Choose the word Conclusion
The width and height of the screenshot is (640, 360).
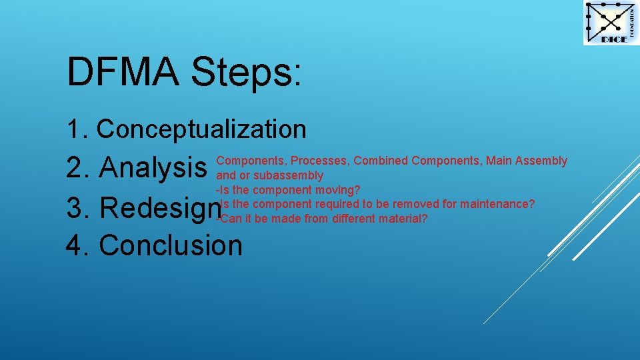(x=171, y=245)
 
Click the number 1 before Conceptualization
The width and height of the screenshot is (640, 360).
(x=73, y=129)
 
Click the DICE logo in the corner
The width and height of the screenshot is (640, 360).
(x=611, y=23)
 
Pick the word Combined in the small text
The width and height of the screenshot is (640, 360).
(x=381, y=161)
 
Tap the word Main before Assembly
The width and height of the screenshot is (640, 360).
(x=499, y=161)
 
